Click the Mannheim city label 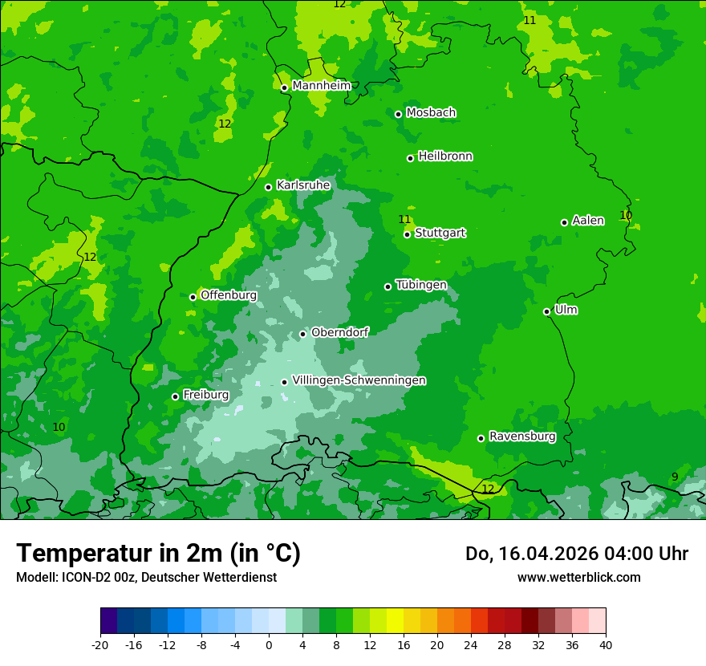click(321, 86)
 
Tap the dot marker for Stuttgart click(408, 234)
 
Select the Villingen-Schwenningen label click(359, 380)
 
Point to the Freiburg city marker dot click(175, 396)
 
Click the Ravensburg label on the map click(522, 437)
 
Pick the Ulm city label click(566, 310)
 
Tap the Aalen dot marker click(564, 222)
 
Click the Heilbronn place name click(445, 156)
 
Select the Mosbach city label click(431, 113)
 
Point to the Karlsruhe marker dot click(268, 187)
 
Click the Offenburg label click(229, 295)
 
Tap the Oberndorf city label click(339, 332)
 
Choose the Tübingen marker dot click(387, 286)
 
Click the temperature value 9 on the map click(675, 477)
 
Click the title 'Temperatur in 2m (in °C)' click(158, 553)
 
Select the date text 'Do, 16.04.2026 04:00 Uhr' click(576, 554)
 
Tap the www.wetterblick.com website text click(578, 577)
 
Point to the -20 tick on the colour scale click(100, 644)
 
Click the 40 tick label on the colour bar click(605, 644)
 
